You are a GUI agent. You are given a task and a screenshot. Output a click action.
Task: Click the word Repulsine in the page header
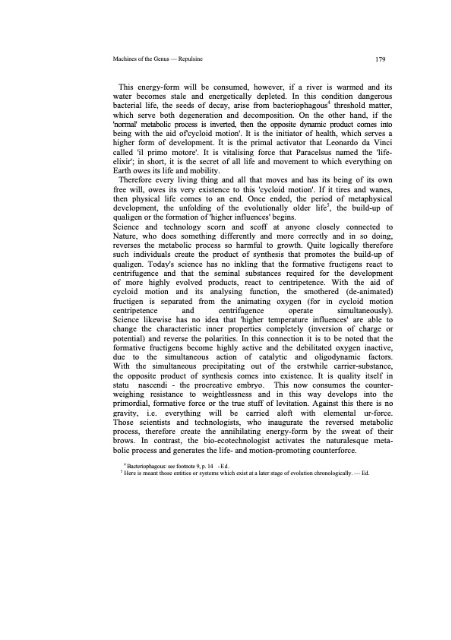pyautogui.click(x=190, y=58)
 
